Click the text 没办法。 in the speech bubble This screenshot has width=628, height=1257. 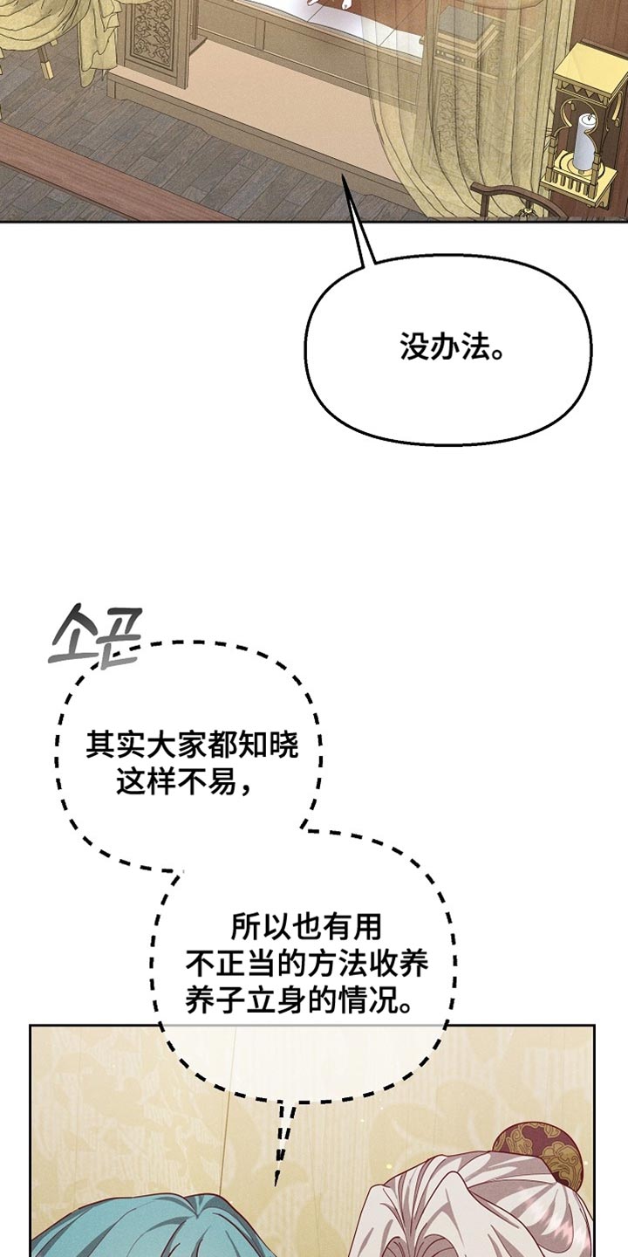tap(454, 349)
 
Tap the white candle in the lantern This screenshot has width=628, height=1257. tap(582, 144)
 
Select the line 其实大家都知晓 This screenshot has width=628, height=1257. tap(192, 745)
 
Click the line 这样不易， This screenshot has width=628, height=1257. tap(185, 783)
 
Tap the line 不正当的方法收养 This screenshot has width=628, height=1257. tap(307, 963)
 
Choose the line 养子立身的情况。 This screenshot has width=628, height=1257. tap(300, 1000)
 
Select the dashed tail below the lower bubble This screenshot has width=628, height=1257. tap(282, 1144)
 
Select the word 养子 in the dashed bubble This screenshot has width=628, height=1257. tap(207, 1000)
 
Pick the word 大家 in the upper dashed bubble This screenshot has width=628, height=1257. tap(161, 745)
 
